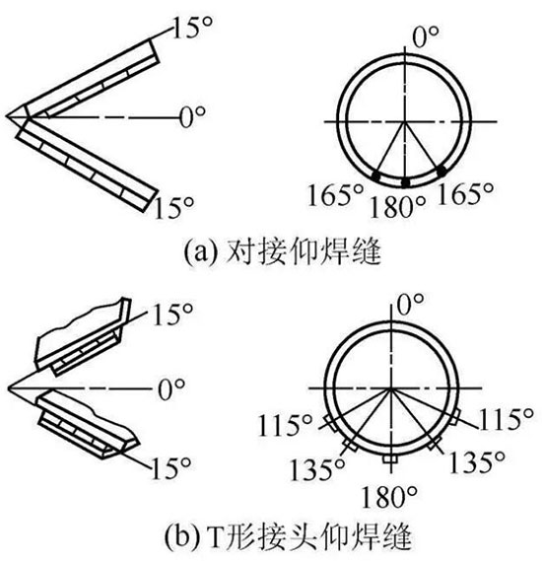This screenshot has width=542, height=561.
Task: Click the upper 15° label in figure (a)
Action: [192, 28]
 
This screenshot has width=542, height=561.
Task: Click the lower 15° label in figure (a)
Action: [173, 208]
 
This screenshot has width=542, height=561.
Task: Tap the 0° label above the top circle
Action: [426, 36]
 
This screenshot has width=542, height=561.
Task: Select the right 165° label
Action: [465, 193]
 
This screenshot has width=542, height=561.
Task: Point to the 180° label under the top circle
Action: [397, 207]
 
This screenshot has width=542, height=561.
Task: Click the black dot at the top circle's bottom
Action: [405, 182]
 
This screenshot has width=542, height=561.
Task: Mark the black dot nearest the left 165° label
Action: [375, 175]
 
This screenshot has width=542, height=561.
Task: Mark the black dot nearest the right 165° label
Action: [441, 171]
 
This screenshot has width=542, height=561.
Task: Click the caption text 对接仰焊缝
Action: [304, 252]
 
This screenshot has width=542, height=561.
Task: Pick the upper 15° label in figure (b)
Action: [172, 315]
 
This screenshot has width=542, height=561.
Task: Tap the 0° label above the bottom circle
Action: [411, 304]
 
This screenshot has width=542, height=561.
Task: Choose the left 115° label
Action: [285, 425]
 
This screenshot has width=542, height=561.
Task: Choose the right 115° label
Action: [506, 419]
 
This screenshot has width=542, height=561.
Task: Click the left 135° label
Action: [317, 469]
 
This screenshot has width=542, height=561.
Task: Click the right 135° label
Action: [477, 462]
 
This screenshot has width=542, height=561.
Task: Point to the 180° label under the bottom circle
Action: [389, 497]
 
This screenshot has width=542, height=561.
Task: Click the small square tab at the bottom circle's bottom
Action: [390, 459]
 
